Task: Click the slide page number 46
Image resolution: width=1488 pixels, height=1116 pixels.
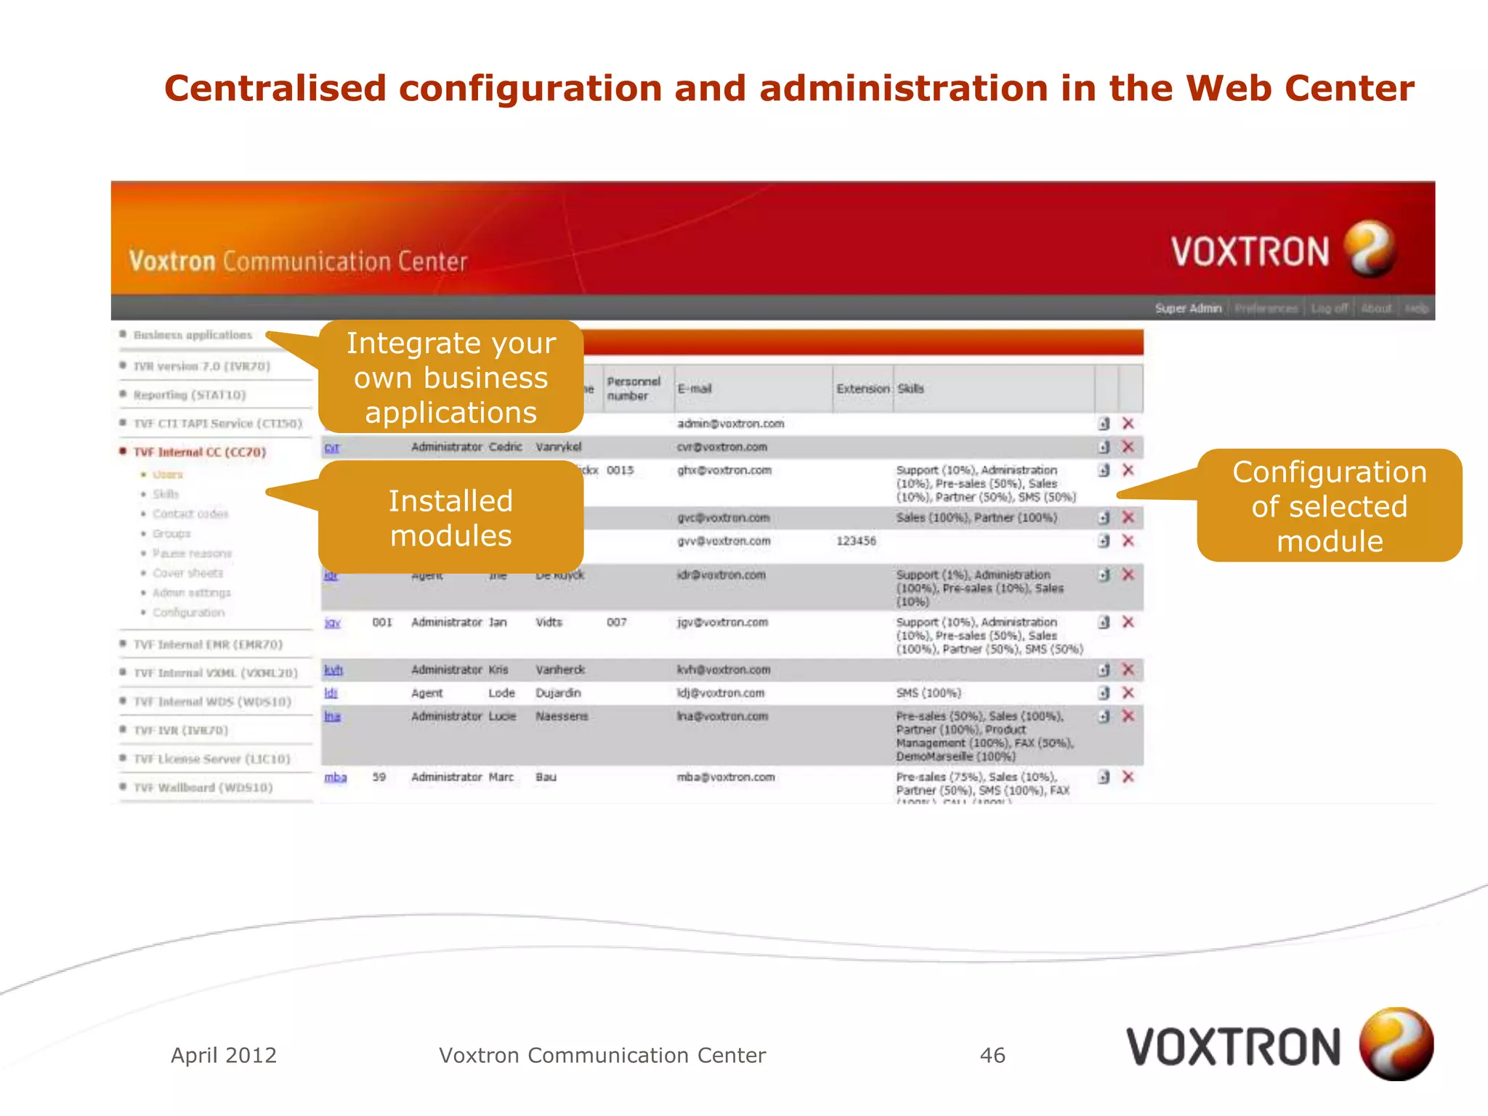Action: pyautogui.click(x=992, y=1055)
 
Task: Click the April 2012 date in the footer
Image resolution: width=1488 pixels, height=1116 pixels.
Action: pyautogui.click(x=224, y=1055)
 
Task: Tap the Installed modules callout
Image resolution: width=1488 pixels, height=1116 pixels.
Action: pyautogui.click(x=450, y=517)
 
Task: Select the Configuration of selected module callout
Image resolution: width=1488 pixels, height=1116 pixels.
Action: pyautogui.click(x=1329, y=506)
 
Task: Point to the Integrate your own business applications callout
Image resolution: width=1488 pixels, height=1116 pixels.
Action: pyautogui.click(x=450, y=377)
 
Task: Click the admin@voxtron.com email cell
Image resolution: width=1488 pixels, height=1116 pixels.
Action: pyautogui.click(x=730, y=424)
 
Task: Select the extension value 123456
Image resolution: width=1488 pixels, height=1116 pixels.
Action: pyautogui.click(x=856, y=541)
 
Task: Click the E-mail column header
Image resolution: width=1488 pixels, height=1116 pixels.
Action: pyautogui.click(x=695, y=389)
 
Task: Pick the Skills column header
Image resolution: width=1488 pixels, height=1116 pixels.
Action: pyautogui.click(x=910, y=389)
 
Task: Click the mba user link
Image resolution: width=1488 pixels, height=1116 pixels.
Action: pyautogui.click(x=335, y=777)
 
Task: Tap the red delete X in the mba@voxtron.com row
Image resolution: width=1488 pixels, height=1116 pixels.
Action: pyautogui.click(x=1128, y=777)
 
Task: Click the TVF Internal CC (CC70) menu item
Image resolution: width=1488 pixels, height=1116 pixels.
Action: pyautogui.click(x=200, y=452)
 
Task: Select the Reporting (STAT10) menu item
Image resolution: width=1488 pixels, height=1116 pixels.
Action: pyautogui.click(x=190, y=395)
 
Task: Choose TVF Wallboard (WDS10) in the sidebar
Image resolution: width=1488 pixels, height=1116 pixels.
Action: pyautogui.click(x=203, y=788)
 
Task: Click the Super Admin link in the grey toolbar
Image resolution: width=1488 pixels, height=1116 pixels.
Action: pyautogui.click(x=1188, y=308)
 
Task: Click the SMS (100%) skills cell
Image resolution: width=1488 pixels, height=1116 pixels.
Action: pyautogui.click(x=928, y=693)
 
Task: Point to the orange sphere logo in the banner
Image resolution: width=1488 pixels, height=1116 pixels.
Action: pyautogui.click(x=1369, y=249)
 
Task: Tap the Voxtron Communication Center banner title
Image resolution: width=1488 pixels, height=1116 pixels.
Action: pyautogui.click(x=298, y=261)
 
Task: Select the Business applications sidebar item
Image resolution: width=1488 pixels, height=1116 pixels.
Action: pyautogui.click(x=193, y=335)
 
